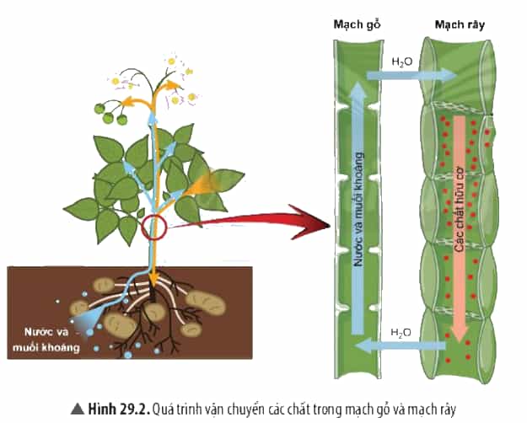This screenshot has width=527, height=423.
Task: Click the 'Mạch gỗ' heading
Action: (x=357, y=25)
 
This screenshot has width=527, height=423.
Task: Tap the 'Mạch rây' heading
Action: (x=460, y=25)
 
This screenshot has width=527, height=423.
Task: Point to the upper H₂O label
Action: (x=402, y=62)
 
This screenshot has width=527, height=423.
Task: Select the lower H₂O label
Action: (x=401, y=333)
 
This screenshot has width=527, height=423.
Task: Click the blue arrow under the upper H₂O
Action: (x=412, y=75)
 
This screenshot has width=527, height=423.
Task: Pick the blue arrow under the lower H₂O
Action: (x=401, y=346)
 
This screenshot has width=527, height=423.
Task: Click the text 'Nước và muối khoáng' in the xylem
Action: (x=359, y=209)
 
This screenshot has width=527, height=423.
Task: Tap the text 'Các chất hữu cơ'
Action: (x=459, y=209)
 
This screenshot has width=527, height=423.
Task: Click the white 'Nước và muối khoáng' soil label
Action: (x=46, y=340)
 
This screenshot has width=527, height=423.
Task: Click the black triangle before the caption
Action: (x=78, y=409)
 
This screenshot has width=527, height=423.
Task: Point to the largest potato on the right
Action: (x=206, y=303)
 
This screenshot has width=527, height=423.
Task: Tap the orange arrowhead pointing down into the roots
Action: (x=153, y=278)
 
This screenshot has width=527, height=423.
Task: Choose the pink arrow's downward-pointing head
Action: (x=459, y=332)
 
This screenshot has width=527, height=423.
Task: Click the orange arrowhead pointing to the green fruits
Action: (x=127, y=101)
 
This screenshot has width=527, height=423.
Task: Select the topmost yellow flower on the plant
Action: (x=172, y=62)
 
